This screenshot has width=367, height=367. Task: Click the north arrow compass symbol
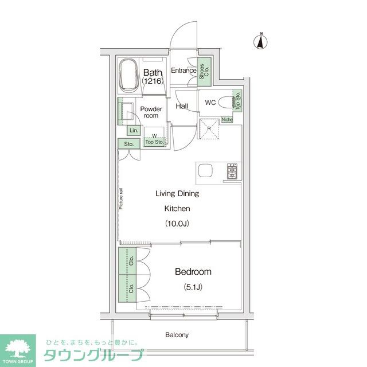coord(261,42)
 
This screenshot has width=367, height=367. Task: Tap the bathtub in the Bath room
coord(128,76)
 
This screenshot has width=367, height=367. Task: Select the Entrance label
coord(183,71)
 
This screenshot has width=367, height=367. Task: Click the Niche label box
coord(227,120)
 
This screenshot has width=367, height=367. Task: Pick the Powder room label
coord(151,112)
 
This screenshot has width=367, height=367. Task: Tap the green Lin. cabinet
coord(132,130)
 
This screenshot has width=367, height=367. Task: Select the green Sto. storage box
coord(128,144)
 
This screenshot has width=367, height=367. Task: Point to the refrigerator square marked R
coord(209,129)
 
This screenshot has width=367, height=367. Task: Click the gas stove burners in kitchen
coord(233,171)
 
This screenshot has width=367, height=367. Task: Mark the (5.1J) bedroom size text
coord(192,286)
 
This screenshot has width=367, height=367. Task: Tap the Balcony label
coord(177,334)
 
